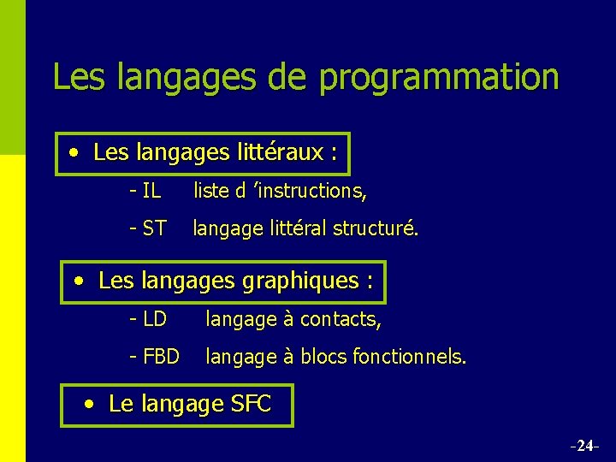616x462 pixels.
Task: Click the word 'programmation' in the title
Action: (439, 77)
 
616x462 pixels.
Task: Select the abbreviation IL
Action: (151, 191)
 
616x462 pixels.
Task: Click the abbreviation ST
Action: (154, 228)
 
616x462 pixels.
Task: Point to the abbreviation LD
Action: (154, 319)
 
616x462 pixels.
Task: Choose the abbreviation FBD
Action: (161, 356)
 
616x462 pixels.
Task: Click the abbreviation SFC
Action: (251, 404)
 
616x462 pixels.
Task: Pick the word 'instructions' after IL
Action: (311, 191)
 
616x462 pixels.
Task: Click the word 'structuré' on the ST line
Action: (376, 228)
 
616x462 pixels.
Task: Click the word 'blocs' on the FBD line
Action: (323, 356)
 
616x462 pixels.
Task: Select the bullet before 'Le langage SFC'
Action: (90, 404)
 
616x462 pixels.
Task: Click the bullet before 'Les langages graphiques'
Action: (80, 281)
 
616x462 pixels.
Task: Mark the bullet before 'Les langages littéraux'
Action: (75, 153)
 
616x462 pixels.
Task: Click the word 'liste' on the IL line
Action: (210, 191)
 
